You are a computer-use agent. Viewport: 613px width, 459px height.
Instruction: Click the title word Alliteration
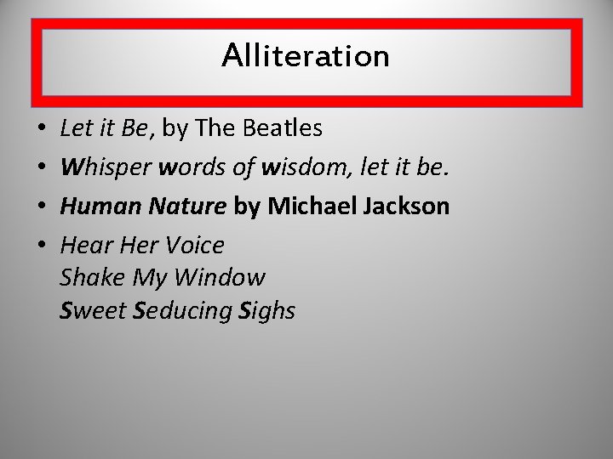click(x=306, y=56)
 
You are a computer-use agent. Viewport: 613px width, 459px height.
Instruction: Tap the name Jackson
click(x=407, y=207)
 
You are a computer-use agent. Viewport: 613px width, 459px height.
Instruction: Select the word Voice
click(x=196, y=246)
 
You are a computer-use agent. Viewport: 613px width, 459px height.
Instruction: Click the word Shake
click(x=90, y=278)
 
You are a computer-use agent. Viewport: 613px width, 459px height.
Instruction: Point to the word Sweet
click(x=94, y=311)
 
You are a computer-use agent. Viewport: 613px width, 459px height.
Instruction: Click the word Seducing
click(x=182, y=311)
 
